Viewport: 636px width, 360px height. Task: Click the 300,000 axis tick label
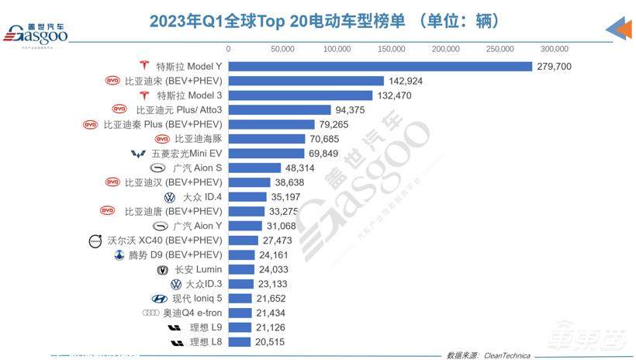tap(555, 49)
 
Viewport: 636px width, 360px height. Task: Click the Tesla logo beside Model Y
tap(143, 66)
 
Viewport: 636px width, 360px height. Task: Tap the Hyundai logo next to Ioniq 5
tap(161, 299)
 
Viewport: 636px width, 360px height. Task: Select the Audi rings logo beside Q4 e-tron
tap(151, 313)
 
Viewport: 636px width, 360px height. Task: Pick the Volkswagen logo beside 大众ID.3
tap(175, 284)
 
